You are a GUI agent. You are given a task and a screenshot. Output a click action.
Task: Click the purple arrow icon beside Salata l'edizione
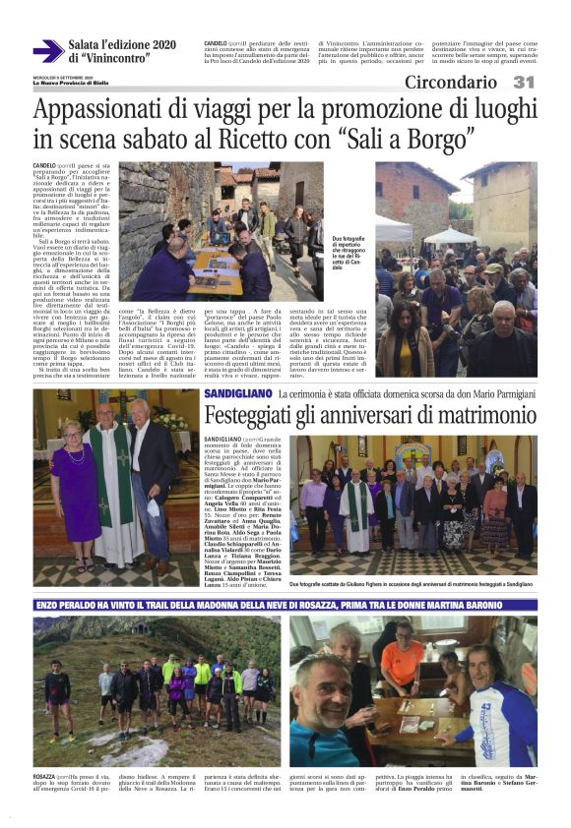(47, 51)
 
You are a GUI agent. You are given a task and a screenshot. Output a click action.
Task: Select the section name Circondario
(450, 83)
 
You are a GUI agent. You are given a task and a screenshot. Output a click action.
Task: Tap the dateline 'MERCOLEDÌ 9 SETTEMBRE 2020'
(61, 77)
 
